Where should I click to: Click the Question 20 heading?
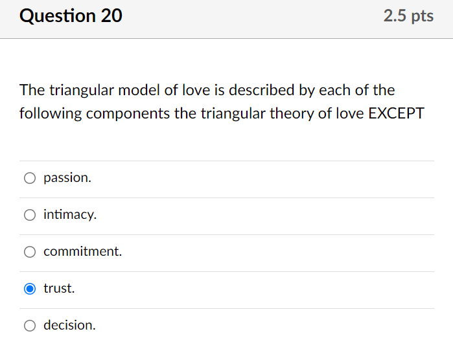[x=71, y=16]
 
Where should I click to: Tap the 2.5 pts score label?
[x=408, y=16]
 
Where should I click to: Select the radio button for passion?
[x=30, y=178]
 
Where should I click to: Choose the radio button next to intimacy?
[x=30, y=215]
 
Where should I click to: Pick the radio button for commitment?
[x=30, y=252]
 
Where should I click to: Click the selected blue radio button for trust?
[x=30, y=289]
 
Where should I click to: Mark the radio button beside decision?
[x=30, y=326]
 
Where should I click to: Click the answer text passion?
[x=67, y=177]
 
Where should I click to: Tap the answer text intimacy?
[x=69, y=214]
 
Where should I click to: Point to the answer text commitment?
[x=82, y=251]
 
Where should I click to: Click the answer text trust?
[x=59, y=288]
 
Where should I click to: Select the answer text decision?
[x=69, y=325]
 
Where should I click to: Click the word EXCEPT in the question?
[x=396, y=114]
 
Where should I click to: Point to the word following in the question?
[x=51, y=114]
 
